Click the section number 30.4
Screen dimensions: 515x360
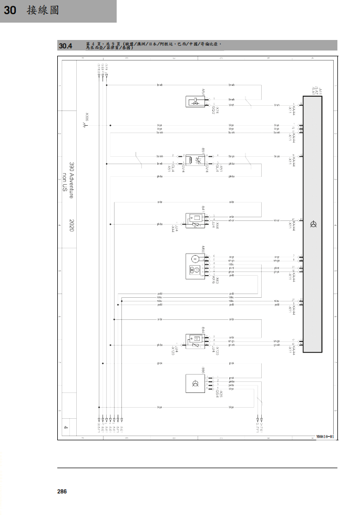[66, 46]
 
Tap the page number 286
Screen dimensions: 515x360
[62, 491]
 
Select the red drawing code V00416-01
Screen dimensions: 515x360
[325, 437]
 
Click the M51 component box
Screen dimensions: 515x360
[196, 102]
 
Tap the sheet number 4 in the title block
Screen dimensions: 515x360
[66, 428]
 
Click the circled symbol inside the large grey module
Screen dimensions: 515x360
[313, 225]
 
